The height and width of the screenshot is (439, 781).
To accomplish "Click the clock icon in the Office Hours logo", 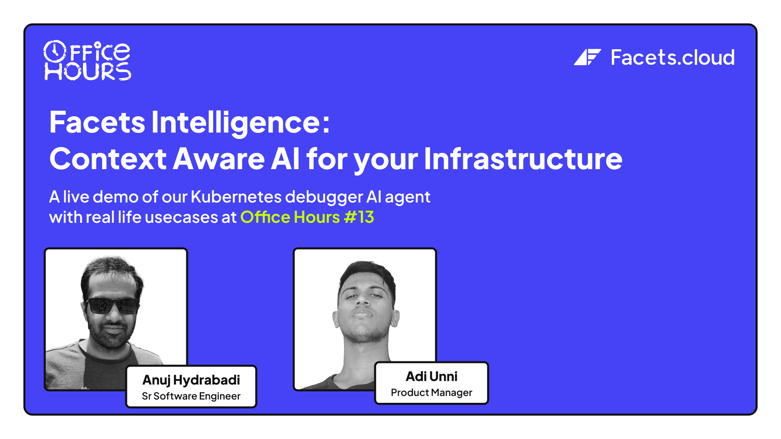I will [x=54, y=51].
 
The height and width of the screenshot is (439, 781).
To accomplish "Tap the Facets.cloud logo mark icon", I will [x=587, y=57].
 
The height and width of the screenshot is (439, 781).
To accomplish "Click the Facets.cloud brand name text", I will [x=672, y=58].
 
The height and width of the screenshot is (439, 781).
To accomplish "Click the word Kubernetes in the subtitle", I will [x=236, y=197].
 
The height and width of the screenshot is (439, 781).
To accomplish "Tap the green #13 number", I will [x=359, y=217].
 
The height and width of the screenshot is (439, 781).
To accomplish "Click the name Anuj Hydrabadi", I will [x=191, y=380].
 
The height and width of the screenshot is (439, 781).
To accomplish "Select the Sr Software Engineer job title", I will [x=191, y=396].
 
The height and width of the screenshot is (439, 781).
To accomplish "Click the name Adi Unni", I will [x=431, y=377].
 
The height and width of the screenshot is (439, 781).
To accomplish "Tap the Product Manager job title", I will [x=431, y=393].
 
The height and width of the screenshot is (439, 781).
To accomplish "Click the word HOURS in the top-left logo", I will [x=87, y=72].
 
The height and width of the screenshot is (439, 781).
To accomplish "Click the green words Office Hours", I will [x=290, y=217].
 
